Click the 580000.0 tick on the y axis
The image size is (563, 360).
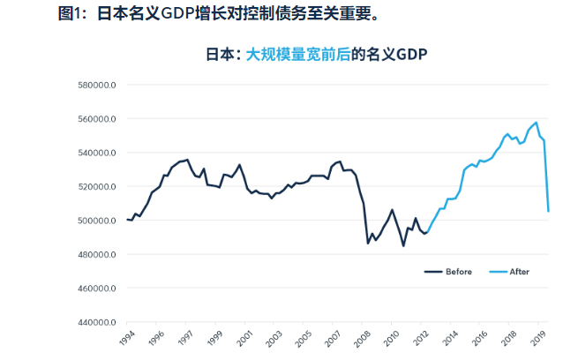click(98, 85)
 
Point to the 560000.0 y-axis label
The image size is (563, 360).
click(98, 119)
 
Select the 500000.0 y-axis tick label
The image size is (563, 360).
click(98, 221)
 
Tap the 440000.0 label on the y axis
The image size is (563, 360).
click(98, 323)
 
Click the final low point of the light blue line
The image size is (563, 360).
click(548, 211)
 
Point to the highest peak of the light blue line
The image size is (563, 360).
click(536, 123)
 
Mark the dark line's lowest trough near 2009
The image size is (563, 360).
click(403, 245)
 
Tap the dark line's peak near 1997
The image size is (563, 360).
click(187, 160)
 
